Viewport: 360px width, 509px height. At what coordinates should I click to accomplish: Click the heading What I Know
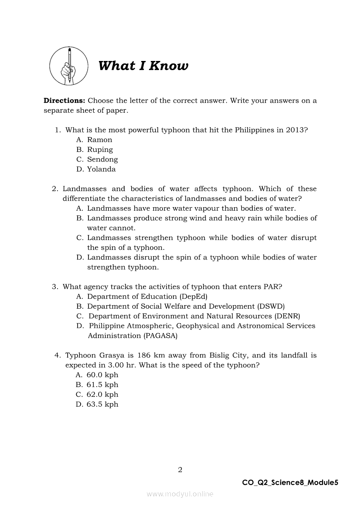(143, 66)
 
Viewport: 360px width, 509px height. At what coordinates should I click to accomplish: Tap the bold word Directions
(65, 101)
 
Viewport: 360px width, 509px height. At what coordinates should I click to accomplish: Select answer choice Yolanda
(101, 169)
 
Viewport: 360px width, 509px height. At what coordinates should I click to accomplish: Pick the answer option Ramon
(99, 140)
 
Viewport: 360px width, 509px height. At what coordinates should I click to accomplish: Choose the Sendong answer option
(102, 159)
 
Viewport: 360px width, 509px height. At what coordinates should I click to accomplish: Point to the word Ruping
(100, 150)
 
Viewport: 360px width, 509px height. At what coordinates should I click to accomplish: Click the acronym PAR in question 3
(271, 287)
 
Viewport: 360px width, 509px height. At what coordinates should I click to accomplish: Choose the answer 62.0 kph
(102, 394)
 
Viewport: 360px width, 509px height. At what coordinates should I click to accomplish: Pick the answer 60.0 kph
(102, 375)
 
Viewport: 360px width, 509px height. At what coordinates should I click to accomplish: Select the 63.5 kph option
(102, 404)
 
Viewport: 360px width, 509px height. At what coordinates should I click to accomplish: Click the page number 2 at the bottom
(180, 469)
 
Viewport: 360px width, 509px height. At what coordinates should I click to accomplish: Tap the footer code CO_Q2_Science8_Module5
(290, 482)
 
